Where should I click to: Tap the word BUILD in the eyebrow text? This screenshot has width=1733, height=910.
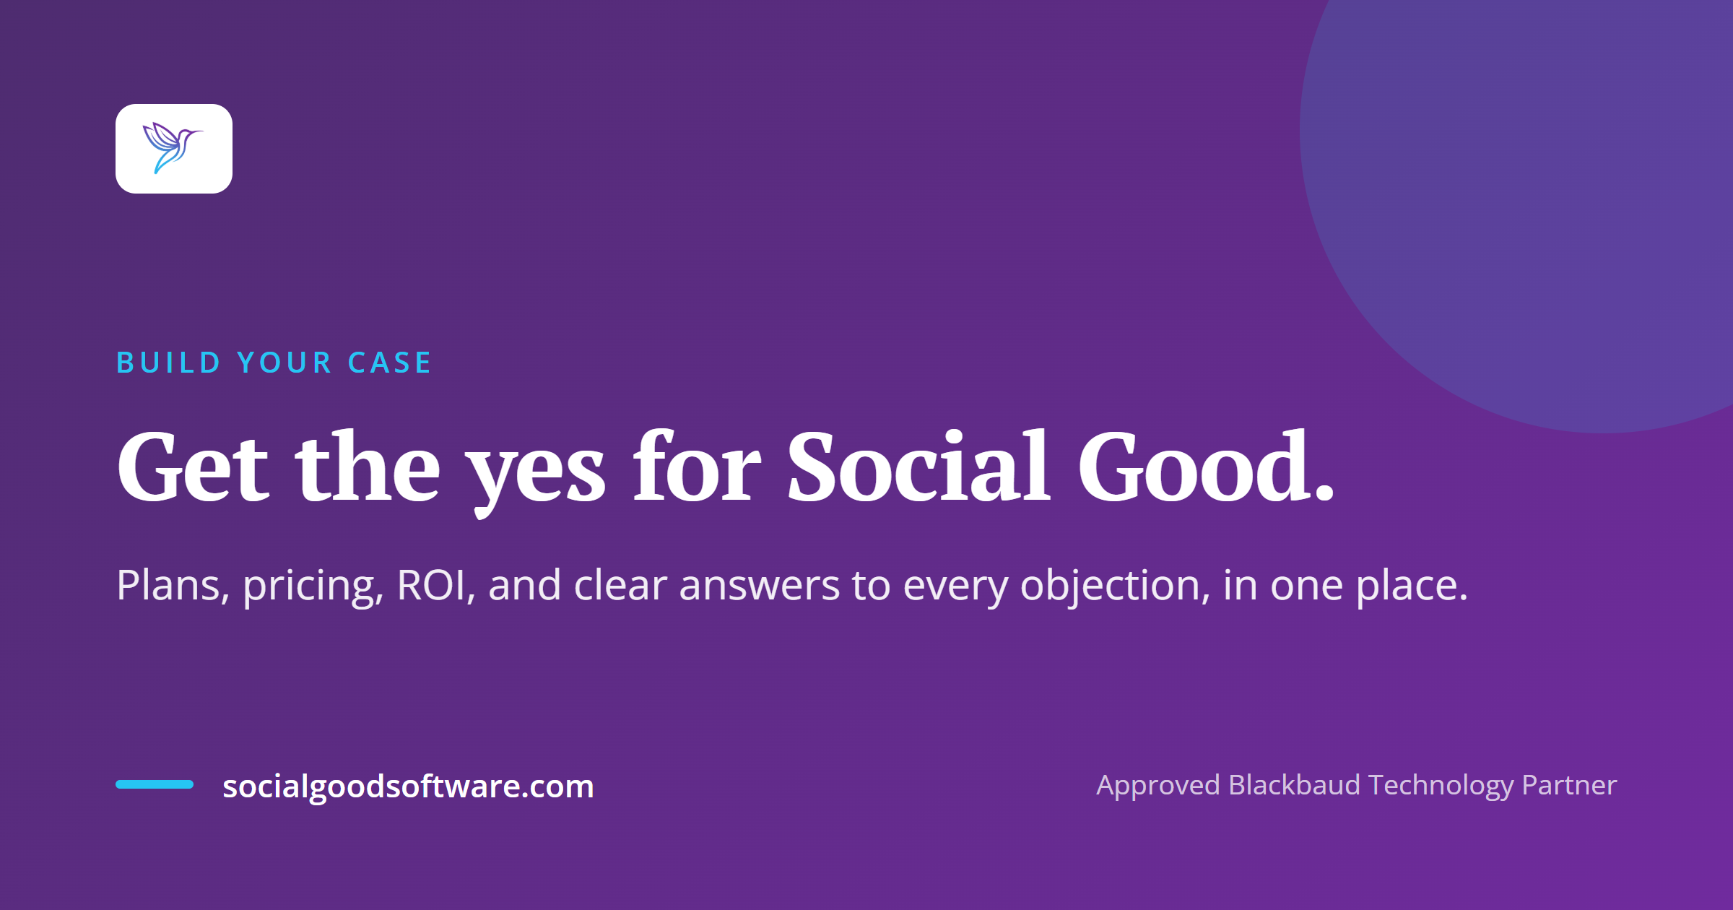point(168,363)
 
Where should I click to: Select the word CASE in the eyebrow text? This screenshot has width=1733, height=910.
point(389,363)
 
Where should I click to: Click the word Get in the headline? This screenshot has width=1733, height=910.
point(193,466)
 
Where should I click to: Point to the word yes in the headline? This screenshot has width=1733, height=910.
point(535,473)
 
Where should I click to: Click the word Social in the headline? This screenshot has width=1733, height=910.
point(918,466)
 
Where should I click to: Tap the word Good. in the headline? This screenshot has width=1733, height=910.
point(1207,466)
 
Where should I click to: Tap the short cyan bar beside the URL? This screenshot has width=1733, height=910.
point(155,784)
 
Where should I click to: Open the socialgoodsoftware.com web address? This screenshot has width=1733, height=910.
point(408,787)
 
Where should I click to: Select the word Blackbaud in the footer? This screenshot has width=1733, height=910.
point(1295,784)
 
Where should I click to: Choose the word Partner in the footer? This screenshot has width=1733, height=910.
point(1569,784)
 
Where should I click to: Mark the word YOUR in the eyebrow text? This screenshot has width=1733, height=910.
point(285,363)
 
